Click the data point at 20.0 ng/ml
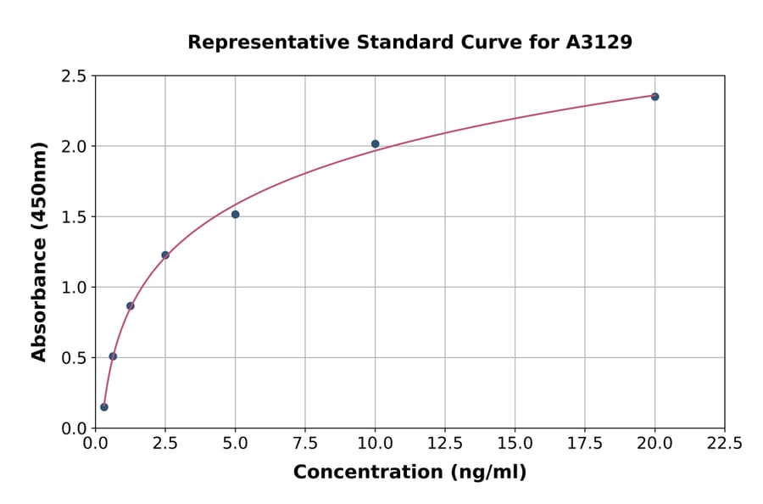654,97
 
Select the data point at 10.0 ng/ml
375,144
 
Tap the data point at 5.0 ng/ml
235,215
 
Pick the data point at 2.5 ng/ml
165,255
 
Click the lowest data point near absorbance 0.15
104,407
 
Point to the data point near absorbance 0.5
113,356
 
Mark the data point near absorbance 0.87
131,306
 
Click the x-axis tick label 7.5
305,444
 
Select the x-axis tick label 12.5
445,444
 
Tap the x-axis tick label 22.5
725,444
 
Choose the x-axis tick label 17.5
585,444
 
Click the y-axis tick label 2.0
75,147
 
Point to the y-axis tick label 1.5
75,217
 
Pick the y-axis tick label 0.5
75,358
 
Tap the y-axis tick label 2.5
75,76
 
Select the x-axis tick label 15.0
515,444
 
